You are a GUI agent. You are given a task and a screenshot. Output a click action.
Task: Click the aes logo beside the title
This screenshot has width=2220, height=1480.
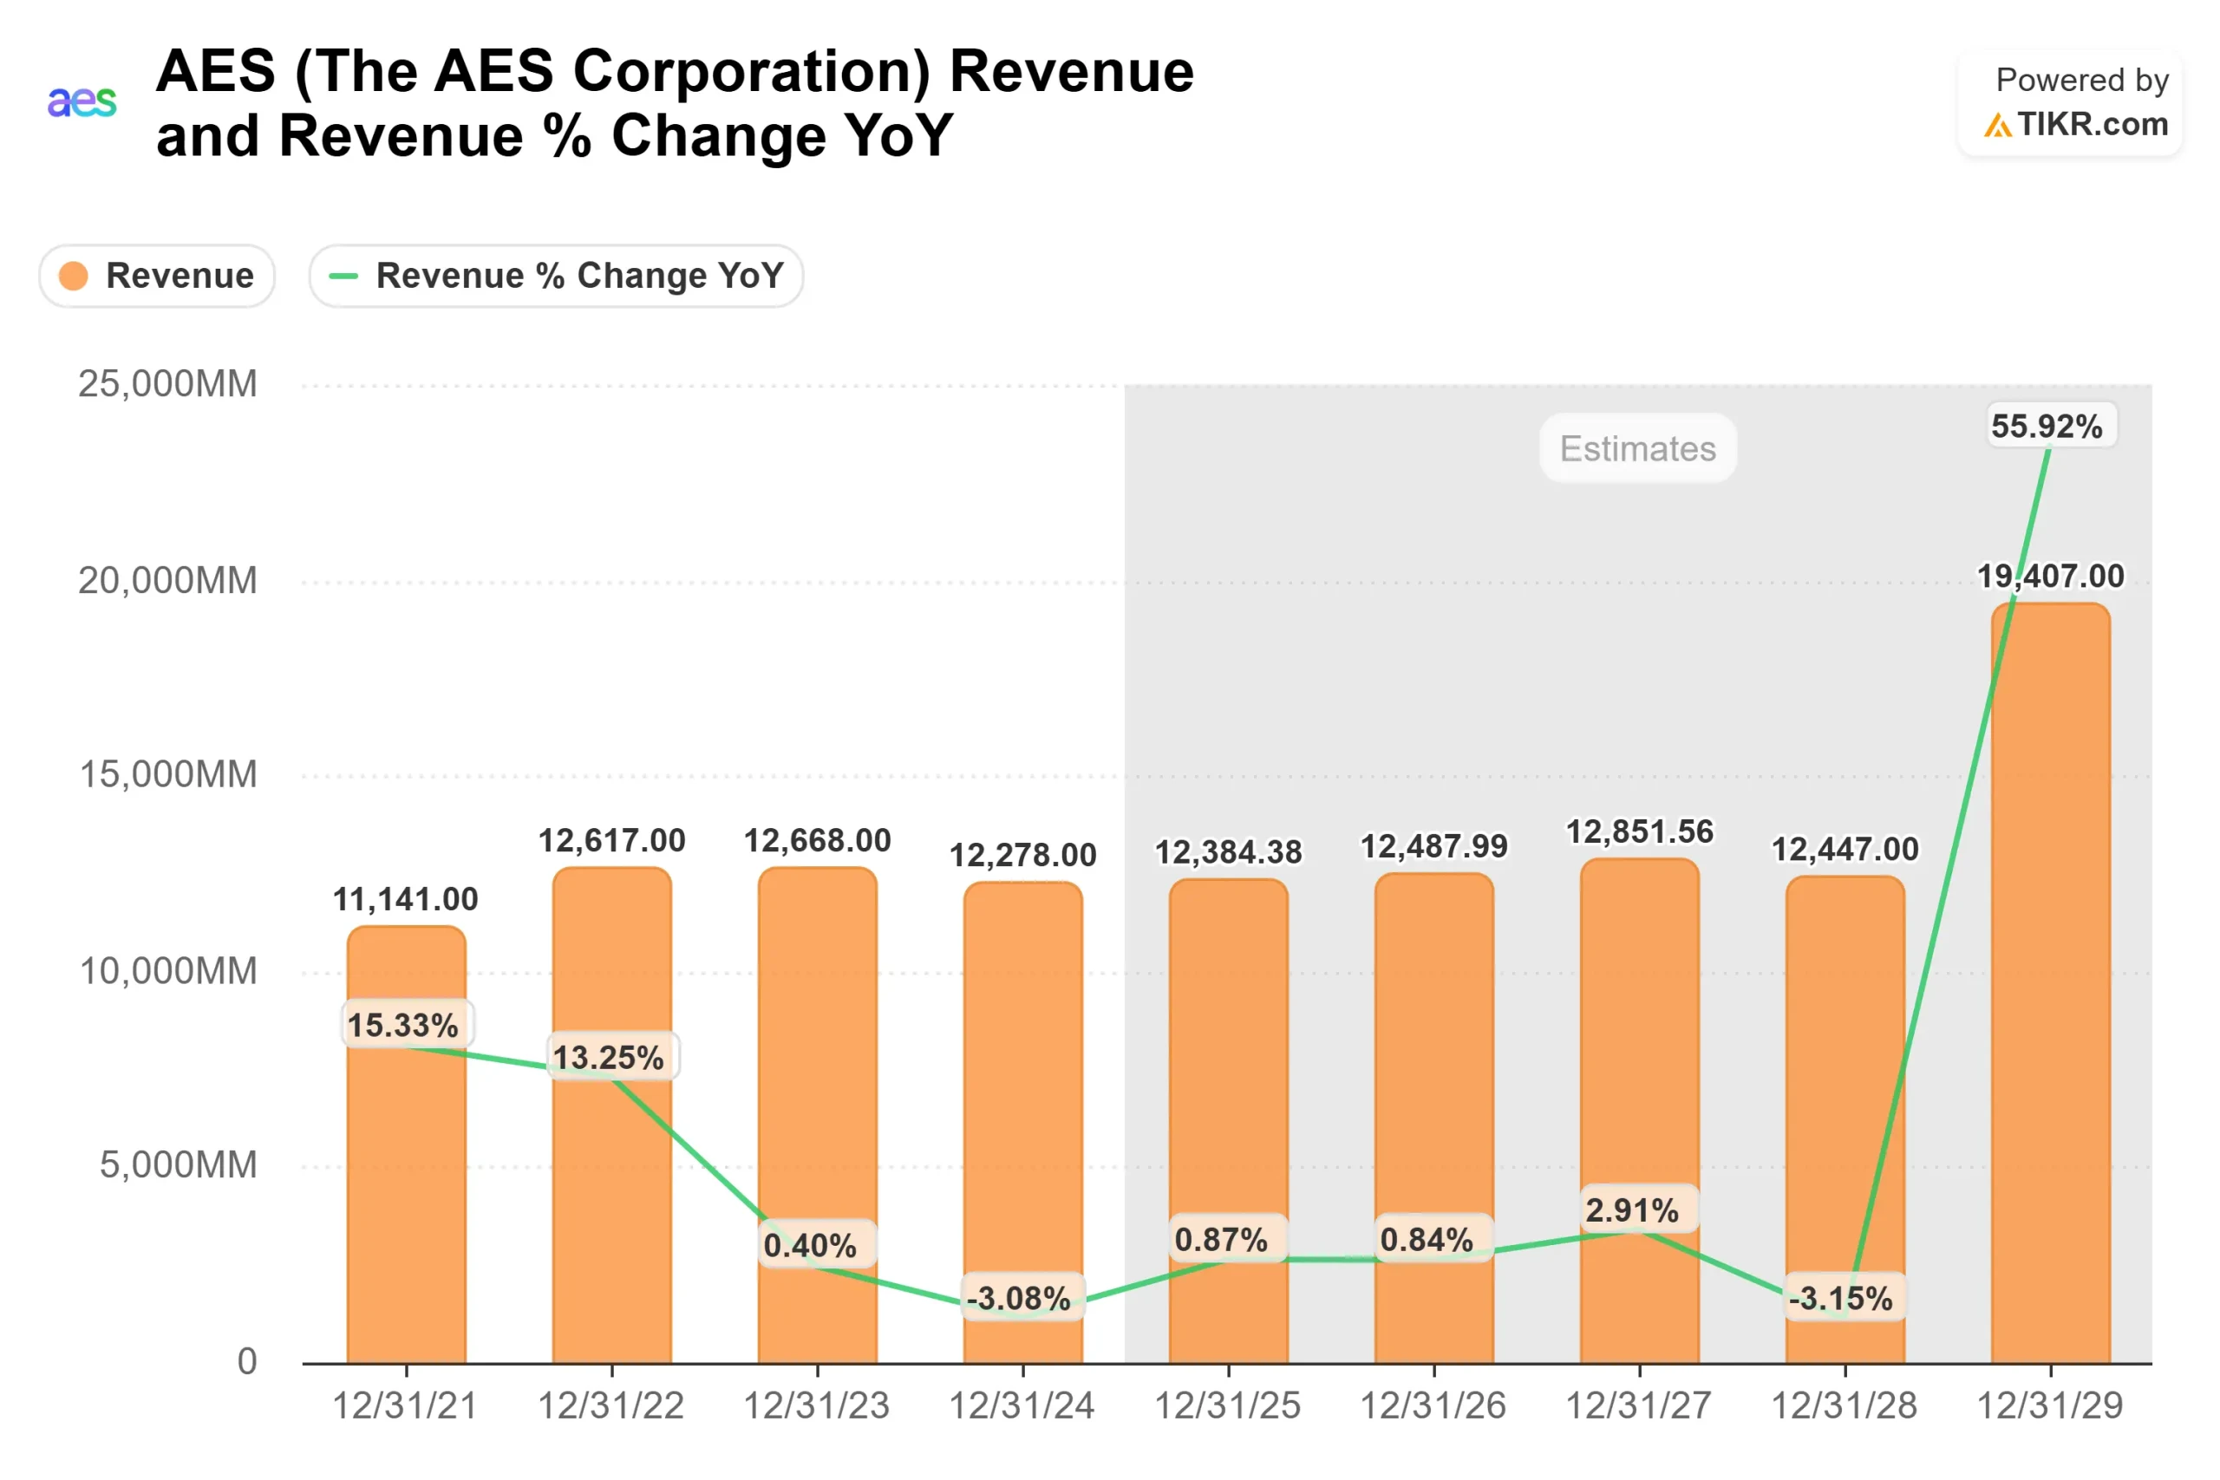82,101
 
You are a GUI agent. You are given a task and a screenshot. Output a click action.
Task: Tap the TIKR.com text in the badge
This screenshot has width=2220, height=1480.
2092,125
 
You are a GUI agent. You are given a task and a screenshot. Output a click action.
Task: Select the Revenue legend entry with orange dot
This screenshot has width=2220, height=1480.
157,276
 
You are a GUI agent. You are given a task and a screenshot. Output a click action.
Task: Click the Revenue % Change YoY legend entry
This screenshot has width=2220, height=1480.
556,276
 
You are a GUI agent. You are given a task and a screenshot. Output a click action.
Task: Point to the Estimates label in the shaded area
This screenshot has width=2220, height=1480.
1637,448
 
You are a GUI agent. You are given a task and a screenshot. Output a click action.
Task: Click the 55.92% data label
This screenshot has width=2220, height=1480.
2047,426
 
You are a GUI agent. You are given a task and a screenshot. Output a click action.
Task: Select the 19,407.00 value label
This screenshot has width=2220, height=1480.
2050,576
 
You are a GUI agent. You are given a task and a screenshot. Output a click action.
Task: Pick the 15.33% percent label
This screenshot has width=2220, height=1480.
403,1025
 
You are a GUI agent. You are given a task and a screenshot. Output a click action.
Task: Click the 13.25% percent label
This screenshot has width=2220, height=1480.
609,1057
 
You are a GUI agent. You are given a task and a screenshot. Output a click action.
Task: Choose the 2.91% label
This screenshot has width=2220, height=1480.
1632,1210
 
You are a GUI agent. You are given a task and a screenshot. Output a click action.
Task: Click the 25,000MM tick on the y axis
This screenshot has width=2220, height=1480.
167,384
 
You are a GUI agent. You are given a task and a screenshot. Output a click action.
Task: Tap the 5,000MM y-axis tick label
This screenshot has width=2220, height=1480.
178,1164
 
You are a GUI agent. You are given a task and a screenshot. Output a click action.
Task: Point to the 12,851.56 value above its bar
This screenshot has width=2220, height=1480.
1640,831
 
